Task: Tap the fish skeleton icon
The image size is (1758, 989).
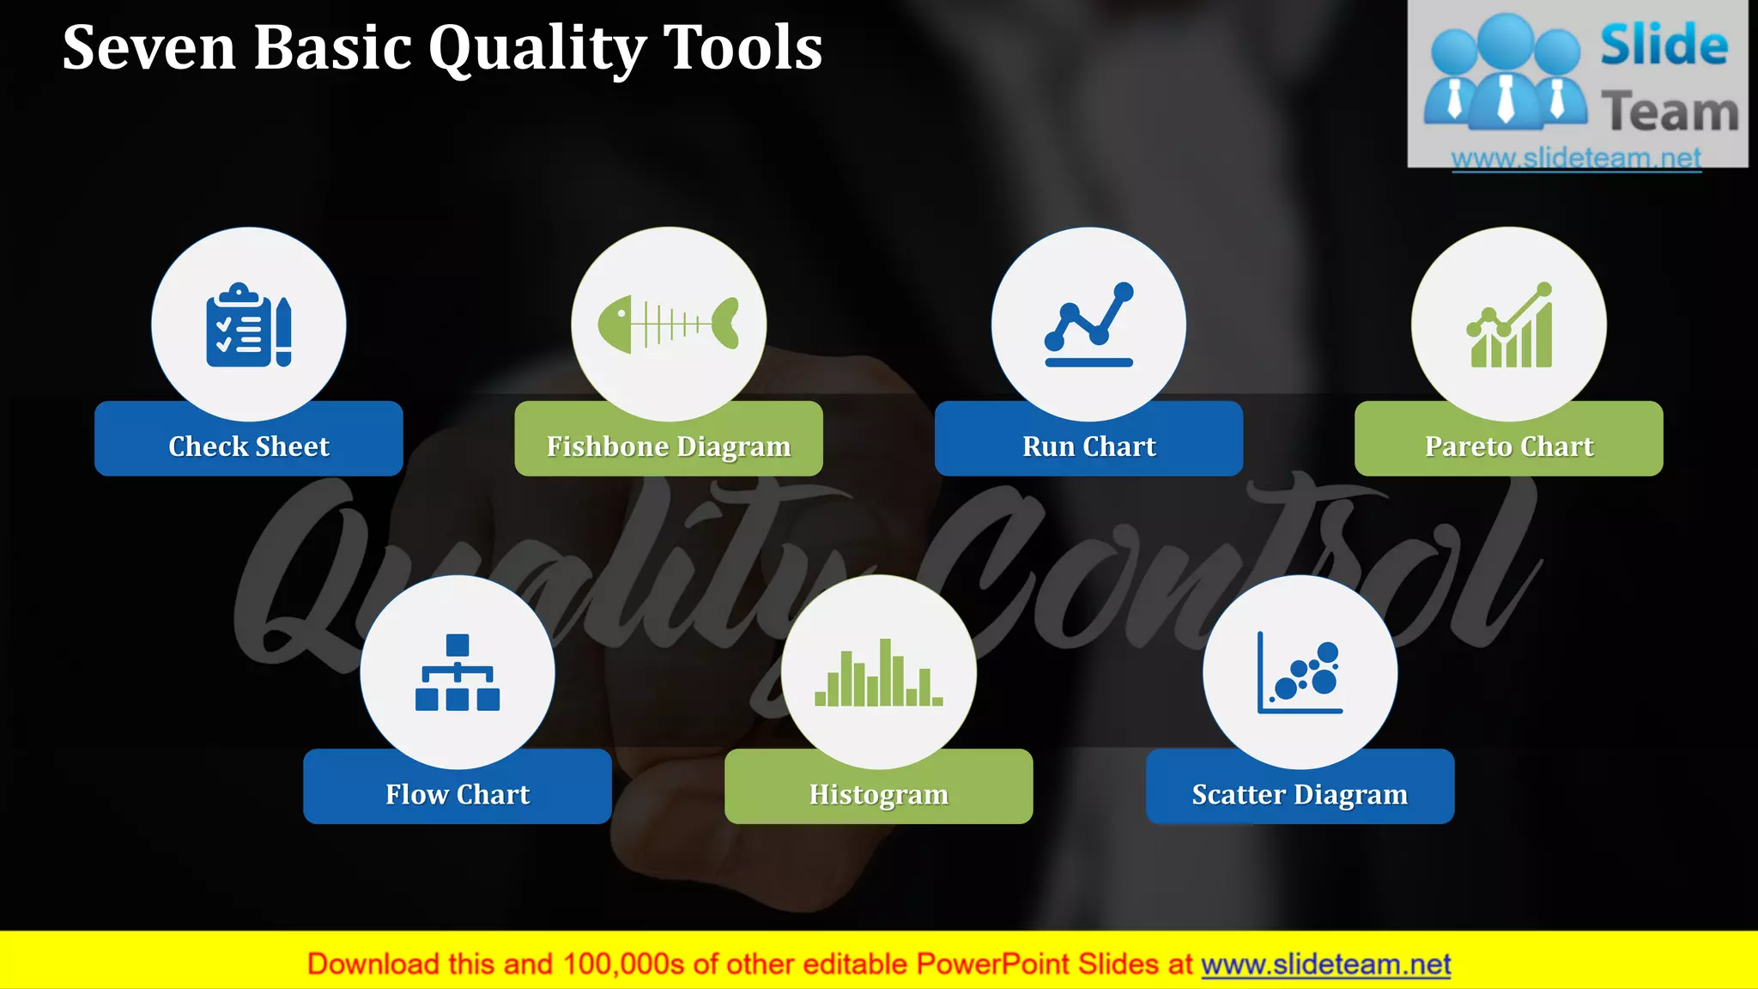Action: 669,324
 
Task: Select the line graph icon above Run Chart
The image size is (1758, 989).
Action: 1088,325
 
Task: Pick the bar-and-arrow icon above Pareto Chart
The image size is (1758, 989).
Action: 1509,325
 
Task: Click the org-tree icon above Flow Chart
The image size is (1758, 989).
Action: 458,672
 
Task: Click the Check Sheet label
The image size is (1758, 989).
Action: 249,446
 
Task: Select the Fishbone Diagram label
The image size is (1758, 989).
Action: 669,446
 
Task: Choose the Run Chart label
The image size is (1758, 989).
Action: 1088,446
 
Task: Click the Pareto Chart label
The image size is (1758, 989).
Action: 1509,446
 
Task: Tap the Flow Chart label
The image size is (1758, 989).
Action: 458,794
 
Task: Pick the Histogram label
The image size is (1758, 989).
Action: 878,794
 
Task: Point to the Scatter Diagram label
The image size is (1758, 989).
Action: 1300,794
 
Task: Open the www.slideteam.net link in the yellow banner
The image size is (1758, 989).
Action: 1325,964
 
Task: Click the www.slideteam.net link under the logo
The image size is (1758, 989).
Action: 1576,158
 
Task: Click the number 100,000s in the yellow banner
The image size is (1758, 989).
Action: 623,964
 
